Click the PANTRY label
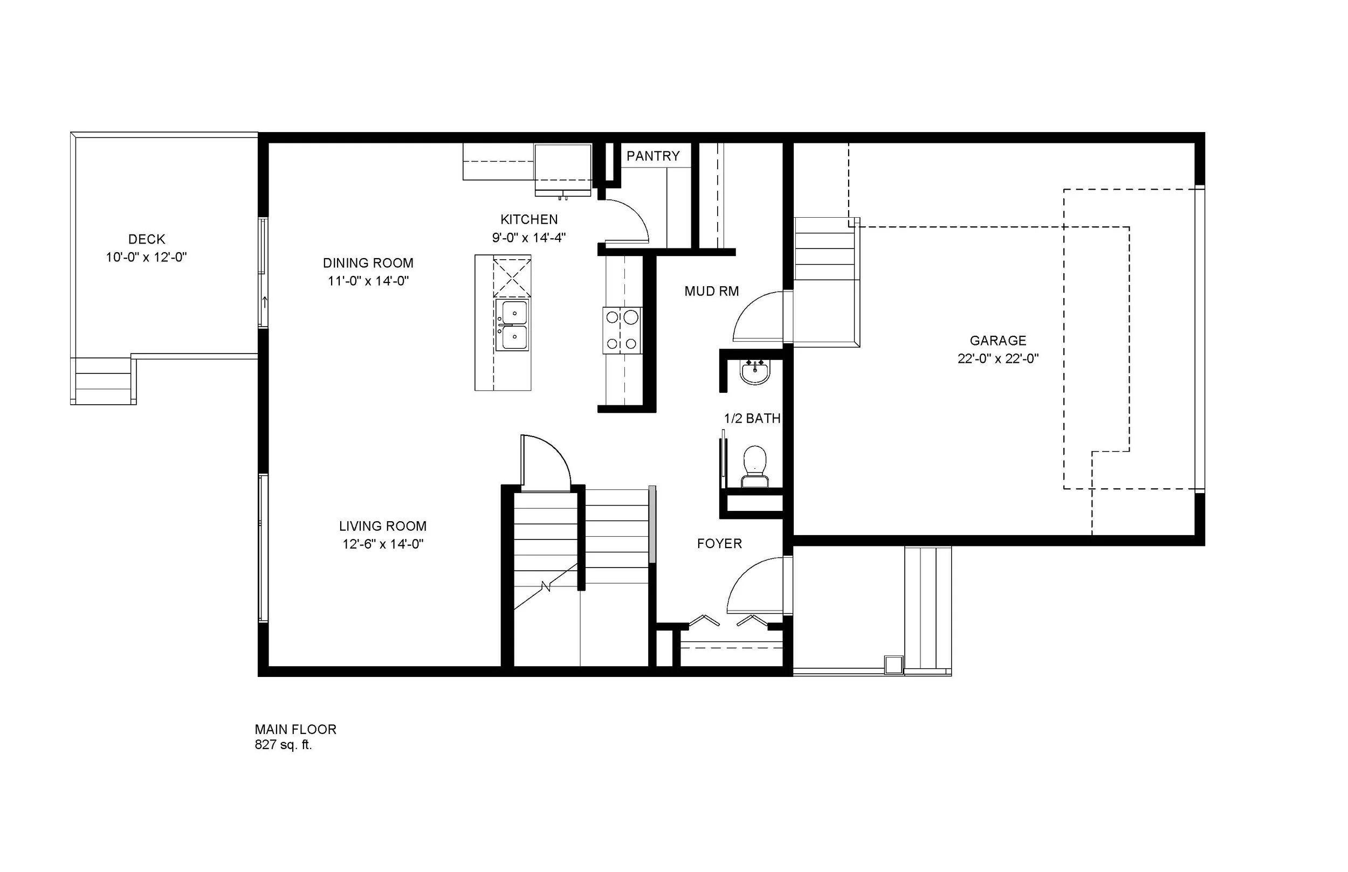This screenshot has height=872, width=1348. click(652, 156)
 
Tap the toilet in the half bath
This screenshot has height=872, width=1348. click(754, 467)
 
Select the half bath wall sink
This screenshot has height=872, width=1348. click(755, 372)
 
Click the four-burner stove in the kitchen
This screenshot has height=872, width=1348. click(622, 331)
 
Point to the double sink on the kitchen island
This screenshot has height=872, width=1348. click(512, 325)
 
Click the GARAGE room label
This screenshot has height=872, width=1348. click(998, 341)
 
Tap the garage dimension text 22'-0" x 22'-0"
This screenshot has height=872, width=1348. click(998, 359)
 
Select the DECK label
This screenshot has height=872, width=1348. click(147, 239)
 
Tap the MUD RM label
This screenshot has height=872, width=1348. click(711, 292)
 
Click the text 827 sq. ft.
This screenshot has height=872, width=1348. click(283, 745)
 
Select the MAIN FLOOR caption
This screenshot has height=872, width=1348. click(295, 729)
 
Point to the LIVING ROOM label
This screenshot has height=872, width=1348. click(382, 526)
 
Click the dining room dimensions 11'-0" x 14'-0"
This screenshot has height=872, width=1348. click(368, 281)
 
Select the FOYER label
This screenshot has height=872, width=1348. click(719, 544)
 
